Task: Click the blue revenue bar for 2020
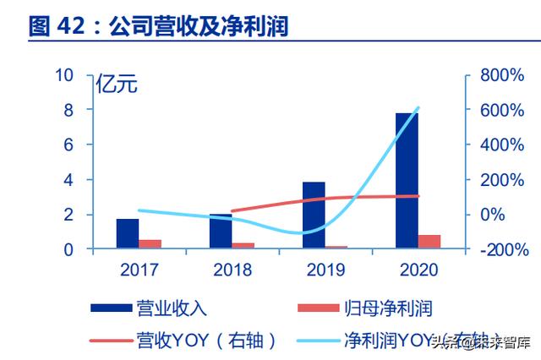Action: coord(407,181)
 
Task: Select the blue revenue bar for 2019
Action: coord(314,215)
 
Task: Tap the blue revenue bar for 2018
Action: coord(221,231)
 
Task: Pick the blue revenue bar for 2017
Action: coord(128,233)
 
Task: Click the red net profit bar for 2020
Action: coord(429,242)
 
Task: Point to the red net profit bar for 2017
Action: coord(150,243)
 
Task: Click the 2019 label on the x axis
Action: coord(325,270)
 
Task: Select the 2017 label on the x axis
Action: coord(139,270)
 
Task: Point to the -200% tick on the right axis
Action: coord(500,250)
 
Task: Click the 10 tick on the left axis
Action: coord(64,75)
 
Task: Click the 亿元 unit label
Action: coord(115,85)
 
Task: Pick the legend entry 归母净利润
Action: coord(389,308)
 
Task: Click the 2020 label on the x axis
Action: coord(418,270)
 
